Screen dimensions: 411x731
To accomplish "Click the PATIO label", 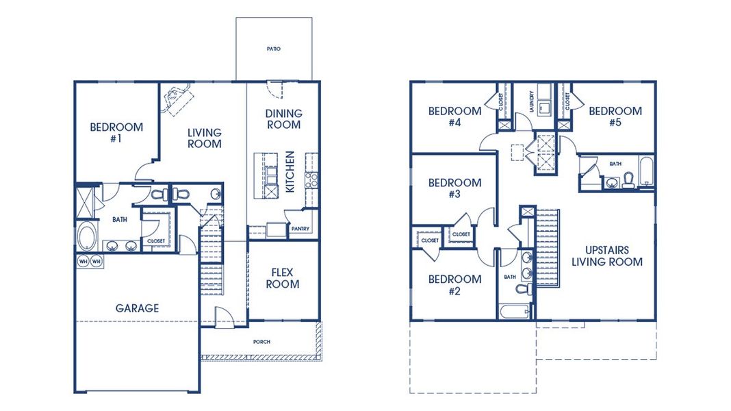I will tap(274, 49).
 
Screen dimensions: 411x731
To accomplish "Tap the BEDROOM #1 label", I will tap(116, 132).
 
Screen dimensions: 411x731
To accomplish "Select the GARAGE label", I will tap(137, 308).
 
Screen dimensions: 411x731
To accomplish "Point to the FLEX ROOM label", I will tap(283, 278).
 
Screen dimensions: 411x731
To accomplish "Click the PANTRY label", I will tap(300, 229).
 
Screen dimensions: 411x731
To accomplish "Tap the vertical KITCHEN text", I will tap(290, 171).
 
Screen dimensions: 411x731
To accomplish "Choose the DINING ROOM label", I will tap(283, 119).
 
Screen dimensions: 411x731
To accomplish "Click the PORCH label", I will tap(261, 341).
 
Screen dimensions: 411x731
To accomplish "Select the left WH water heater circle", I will tap(83, 261).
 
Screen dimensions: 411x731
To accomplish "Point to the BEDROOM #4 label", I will tap(454, 116).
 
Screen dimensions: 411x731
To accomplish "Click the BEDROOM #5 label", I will tap(615, 116).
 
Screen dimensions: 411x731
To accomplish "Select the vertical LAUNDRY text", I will tap(531, 103).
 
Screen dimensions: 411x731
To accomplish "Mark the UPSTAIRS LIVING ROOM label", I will tap(606, 256).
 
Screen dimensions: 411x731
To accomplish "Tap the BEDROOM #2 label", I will tap(454, 285).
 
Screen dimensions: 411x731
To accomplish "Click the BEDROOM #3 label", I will tap(454, 188).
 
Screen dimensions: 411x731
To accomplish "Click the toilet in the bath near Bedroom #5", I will tap(628, 179).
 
